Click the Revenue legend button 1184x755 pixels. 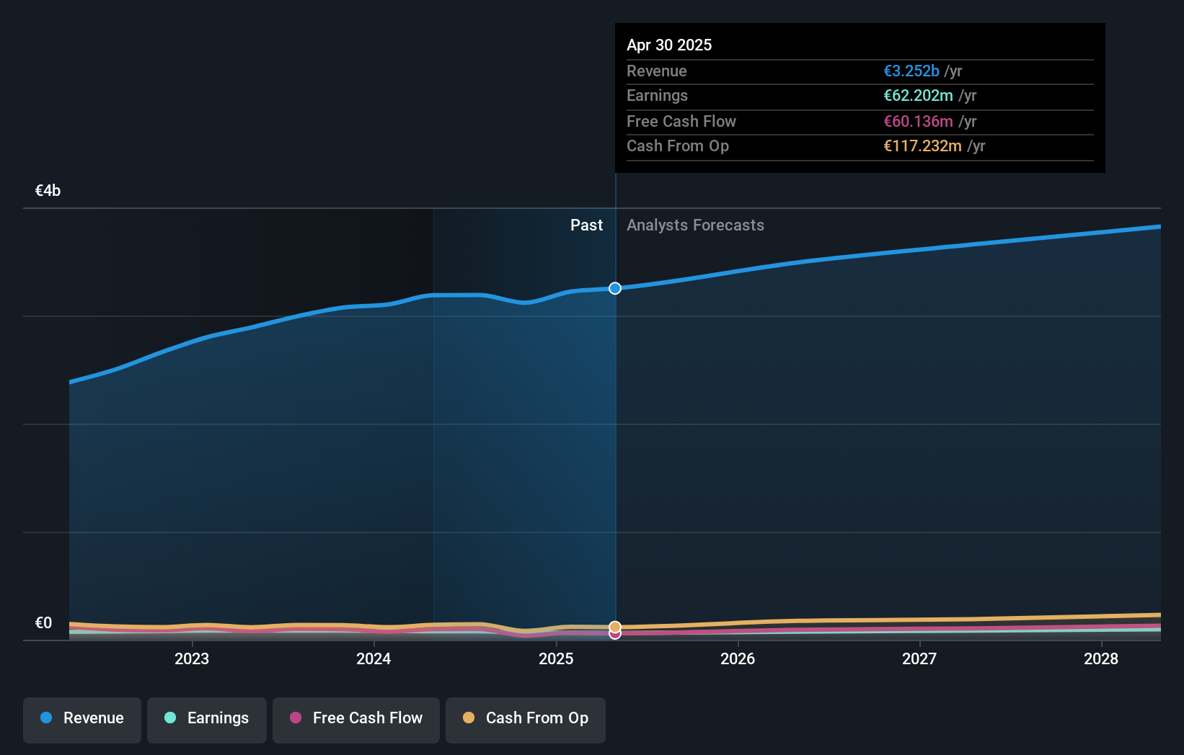click(82, 718)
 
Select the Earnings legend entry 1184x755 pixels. click(207, 718)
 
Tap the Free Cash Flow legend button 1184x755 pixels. click(356, 718)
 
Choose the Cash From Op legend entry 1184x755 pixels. click(526, 718)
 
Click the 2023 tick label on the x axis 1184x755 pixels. click(192, 658)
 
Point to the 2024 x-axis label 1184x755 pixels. click(374, 658)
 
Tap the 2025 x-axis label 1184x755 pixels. click(556, 658)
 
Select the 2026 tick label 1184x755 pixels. click(738, 658)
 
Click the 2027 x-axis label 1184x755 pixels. click(919, 658)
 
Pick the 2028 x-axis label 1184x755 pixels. click(1101, 658)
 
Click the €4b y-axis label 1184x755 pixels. click(48, 191)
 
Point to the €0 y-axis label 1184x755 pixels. click(43, 623)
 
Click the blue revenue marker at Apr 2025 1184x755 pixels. click(615, 288)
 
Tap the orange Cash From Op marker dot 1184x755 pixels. click(615, 627)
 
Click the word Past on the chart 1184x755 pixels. click(586, 225)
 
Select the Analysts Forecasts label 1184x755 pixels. click(695, 225)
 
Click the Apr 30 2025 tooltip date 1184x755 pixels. click(669, 45)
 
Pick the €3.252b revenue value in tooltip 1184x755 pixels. click(911, 71)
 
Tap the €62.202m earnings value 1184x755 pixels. click(918, 96)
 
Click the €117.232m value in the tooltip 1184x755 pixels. click(922, 146)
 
